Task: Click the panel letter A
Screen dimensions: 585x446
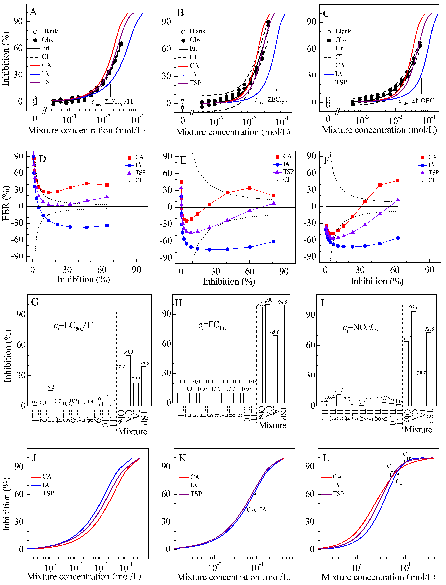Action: (33, 12)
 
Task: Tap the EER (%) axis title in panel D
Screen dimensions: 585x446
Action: (6, 203)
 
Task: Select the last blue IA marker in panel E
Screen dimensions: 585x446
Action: (273, 242)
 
